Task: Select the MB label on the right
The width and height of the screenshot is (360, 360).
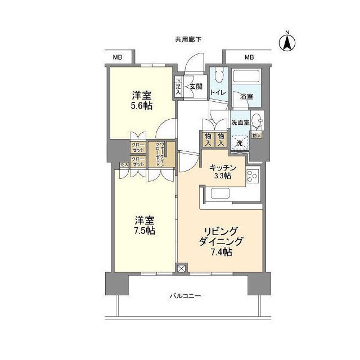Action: tap(249, 57)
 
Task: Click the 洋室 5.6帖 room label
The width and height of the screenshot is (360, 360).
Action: tap(142, 100)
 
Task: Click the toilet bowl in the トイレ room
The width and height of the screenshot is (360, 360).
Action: tap(218, 74)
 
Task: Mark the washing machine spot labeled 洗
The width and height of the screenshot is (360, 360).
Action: tap(240, 143)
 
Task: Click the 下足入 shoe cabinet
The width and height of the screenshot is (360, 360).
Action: tap(178, 85)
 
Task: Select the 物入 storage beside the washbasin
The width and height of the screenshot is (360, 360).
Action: tap(256, 136)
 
